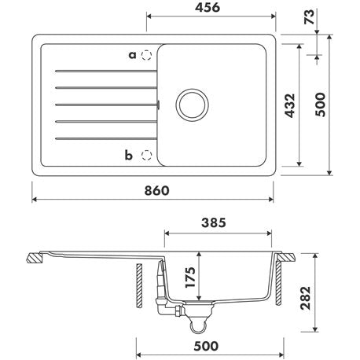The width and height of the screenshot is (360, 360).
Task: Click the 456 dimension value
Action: point(208,8)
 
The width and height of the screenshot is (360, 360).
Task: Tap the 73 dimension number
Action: point(310,17)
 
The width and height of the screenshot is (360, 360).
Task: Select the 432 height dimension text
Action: point(290,105)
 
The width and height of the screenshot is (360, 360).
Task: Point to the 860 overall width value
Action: point(156,190)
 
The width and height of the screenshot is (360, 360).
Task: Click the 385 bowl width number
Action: point(214,222)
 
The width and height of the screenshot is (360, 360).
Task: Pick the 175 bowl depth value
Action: point(190,277)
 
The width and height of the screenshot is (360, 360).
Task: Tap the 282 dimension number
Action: point(306,298)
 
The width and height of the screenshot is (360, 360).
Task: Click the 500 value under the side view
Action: point(206,346)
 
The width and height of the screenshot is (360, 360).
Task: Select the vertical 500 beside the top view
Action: point(320,105)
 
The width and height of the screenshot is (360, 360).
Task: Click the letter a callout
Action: point(133,55)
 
